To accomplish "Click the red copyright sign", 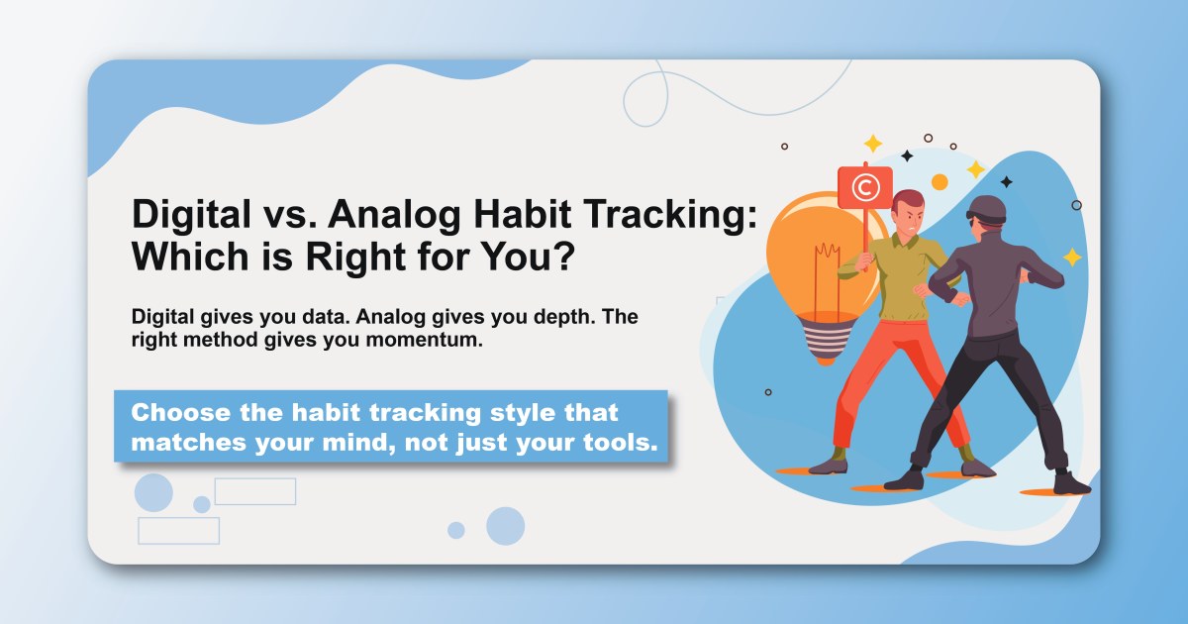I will pyautogui.click(x=864, y=186).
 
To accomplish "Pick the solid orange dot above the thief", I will pyautogui.click(x=940, y=181).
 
